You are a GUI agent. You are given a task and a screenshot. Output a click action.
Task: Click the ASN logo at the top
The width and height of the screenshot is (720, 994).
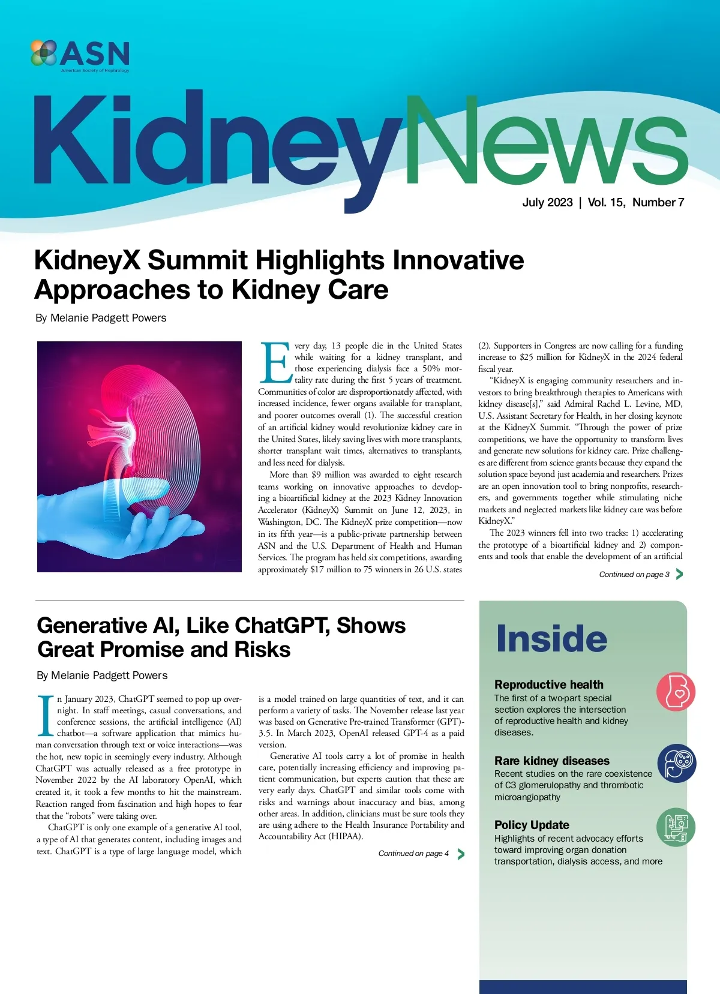[80, 55]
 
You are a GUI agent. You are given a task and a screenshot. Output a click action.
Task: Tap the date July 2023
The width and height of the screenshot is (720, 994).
[547, 203]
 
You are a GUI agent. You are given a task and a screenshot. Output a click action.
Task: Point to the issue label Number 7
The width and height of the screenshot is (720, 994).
[658, 203]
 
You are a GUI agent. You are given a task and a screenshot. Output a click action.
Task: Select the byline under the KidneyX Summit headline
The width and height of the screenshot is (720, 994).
[101, 318]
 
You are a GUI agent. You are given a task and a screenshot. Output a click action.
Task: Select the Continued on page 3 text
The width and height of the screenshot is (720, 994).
[634, 575]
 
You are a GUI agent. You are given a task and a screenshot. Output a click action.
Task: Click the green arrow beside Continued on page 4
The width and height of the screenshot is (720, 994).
[461, 854]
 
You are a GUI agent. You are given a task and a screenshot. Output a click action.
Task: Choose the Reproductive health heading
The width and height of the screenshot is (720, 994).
[549, 684]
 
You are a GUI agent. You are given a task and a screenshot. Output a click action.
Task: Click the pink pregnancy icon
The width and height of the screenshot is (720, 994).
[676, 692]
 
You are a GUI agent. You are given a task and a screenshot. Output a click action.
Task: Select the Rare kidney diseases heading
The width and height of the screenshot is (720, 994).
[552, 761]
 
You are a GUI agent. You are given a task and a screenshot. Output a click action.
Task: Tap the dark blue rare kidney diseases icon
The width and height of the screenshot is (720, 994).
[676, 763]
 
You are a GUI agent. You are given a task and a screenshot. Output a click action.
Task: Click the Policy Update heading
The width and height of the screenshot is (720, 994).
[532, 825]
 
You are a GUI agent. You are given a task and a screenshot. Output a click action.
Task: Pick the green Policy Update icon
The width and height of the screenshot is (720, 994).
[676, 827]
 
